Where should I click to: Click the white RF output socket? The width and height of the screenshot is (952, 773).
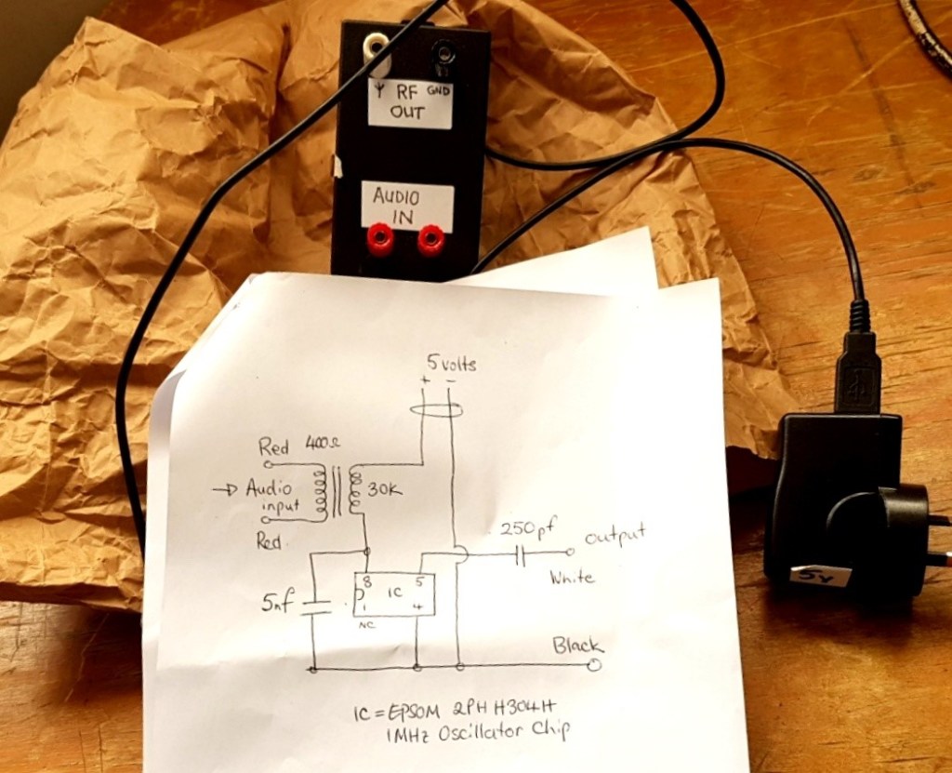tap(377, 44)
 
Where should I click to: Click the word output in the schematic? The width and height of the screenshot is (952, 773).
tap(614, 537)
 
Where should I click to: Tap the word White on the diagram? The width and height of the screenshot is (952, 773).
tap(572, 578)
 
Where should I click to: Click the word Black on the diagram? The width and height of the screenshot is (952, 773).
tap(577, 645)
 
